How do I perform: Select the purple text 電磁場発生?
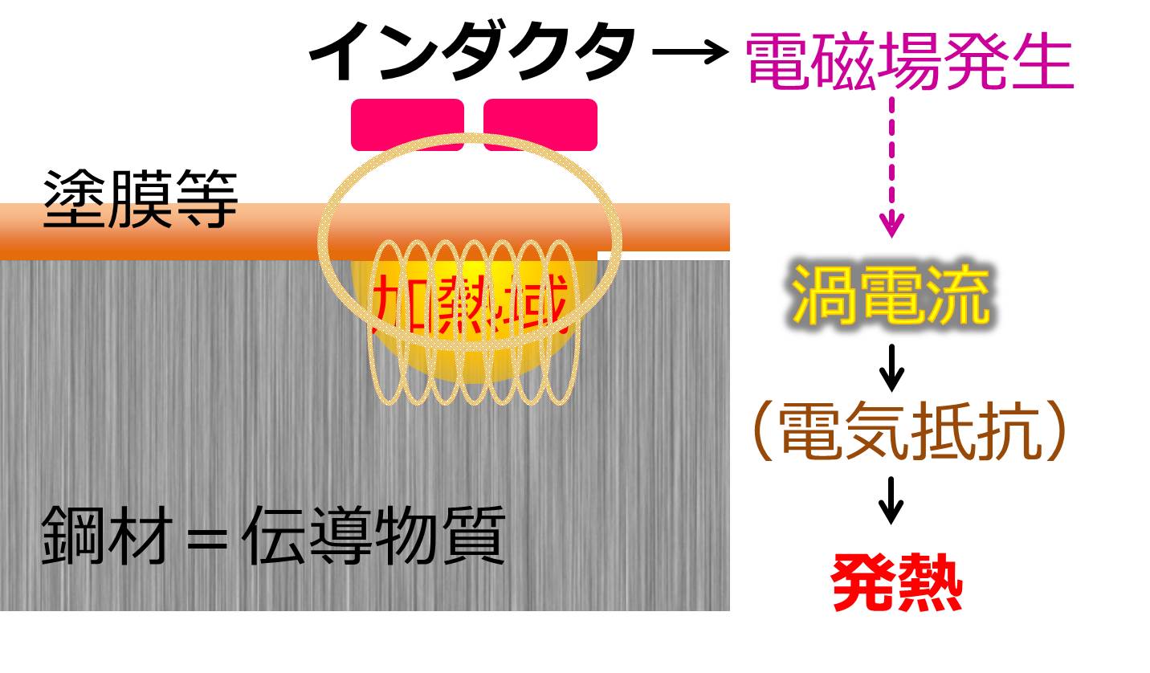(x=910, y=61)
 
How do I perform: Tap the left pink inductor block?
(x=407, y=124)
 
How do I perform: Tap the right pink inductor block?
(x=540, y=124)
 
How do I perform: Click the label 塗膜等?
(x=141, y=199)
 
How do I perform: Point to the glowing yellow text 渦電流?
(x=890, y=294)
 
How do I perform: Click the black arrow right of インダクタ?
(x=689, y=55)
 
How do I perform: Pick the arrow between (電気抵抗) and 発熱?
(x=891, y=500)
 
